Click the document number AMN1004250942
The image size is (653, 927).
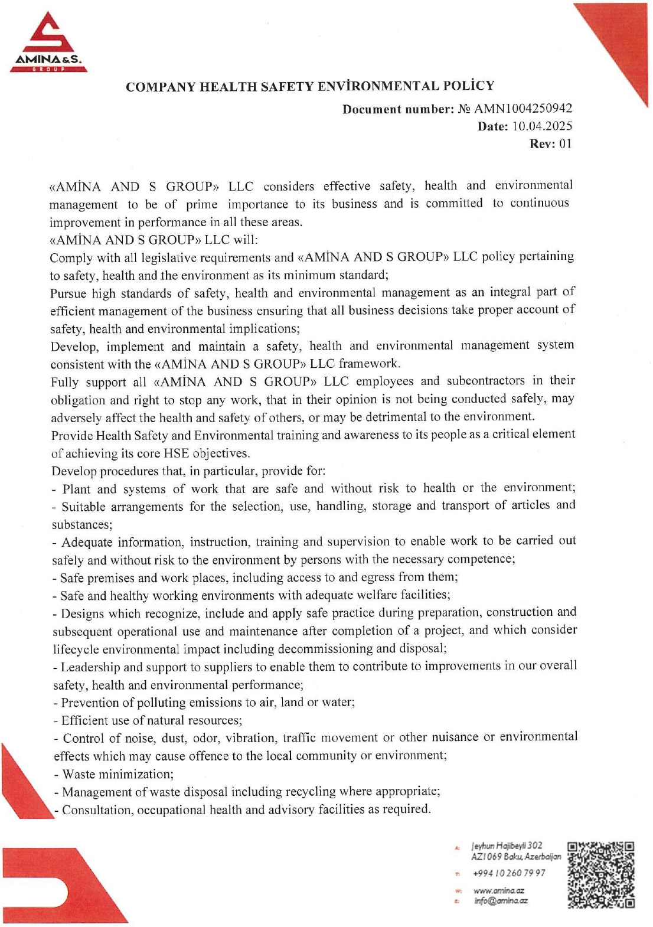point(523,109)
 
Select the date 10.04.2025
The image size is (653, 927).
point(542,126)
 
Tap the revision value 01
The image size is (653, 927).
point(565,144)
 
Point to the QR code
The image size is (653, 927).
point(601,874)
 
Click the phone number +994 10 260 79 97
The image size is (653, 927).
point(508,873)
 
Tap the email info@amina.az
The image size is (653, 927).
point(501,901)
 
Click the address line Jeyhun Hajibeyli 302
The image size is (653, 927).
point(507,846)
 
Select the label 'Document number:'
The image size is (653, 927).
point(398,109)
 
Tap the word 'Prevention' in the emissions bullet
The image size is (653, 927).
point(90,703)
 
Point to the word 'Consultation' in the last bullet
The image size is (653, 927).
point(97,810)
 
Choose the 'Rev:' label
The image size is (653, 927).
point(542,144)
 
